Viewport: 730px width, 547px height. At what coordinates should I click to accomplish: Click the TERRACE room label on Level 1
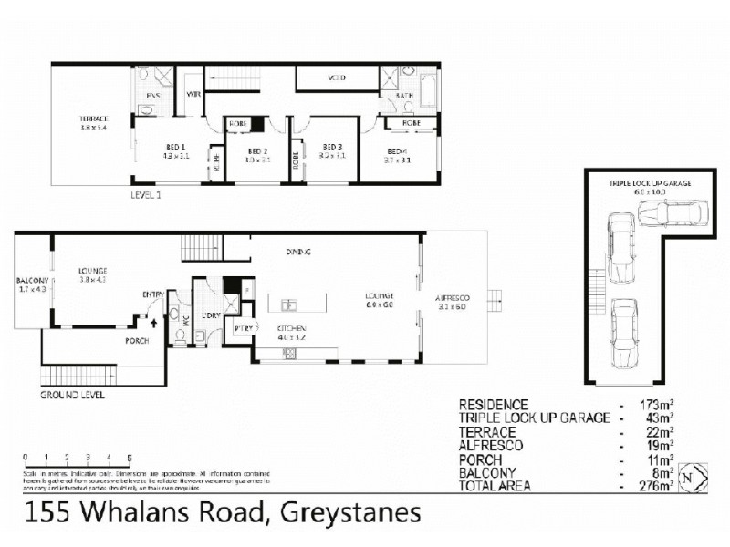pyautogui.click(x=92, y=119)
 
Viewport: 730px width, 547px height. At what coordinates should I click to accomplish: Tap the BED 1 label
pyautogui.click(x=175, y=148)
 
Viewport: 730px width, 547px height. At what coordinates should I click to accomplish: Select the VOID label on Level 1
pyautogui.click(x=335, y=78)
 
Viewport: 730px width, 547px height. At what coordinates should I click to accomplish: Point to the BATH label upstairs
pyautogui.click(x=405, y=95)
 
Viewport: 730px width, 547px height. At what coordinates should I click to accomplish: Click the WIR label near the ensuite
pyautogui.click(x=193, y=94)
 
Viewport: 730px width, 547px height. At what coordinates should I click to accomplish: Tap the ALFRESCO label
pyautogui.click(x=454, y=296)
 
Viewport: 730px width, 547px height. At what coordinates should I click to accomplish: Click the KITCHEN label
pyautogui.click(x=292, y=327)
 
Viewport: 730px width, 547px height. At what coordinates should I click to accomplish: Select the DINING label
pyautogui.click(x=298, y=252)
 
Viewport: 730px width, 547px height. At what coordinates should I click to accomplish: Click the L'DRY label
pyautogui.click(x=211, y=315)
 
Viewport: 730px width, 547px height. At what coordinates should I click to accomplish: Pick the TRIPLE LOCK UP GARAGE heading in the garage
pyautogui.click(x=651, y=183)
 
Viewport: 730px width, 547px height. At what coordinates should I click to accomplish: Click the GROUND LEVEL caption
pyautogui.click(x=73, y=396)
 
